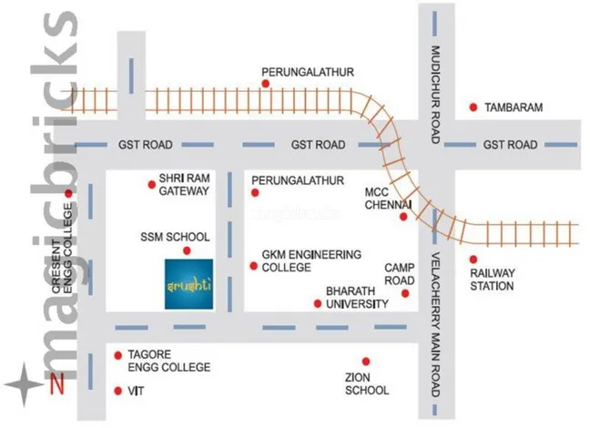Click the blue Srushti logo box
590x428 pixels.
(x=189, y=285)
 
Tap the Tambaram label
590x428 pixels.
(x=514, y=107)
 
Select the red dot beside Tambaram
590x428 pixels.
(x=473, y=107)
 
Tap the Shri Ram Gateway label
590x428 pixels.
(x=185, y=185)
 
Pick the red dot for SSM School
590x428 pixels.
(x=187, y=250)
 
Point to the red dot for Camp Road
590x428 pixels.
(x=406, y=293)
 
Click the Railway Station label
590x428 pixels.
(x=492, y=279)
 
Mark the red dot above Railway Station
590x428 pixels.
(x=473, y=259)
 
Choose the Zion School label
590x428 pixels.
(x=367, y=383)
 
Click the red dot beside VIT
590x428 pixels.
(x=117, y=391)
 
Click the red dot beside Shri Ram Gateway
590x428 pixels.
(x=151, y=184)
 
